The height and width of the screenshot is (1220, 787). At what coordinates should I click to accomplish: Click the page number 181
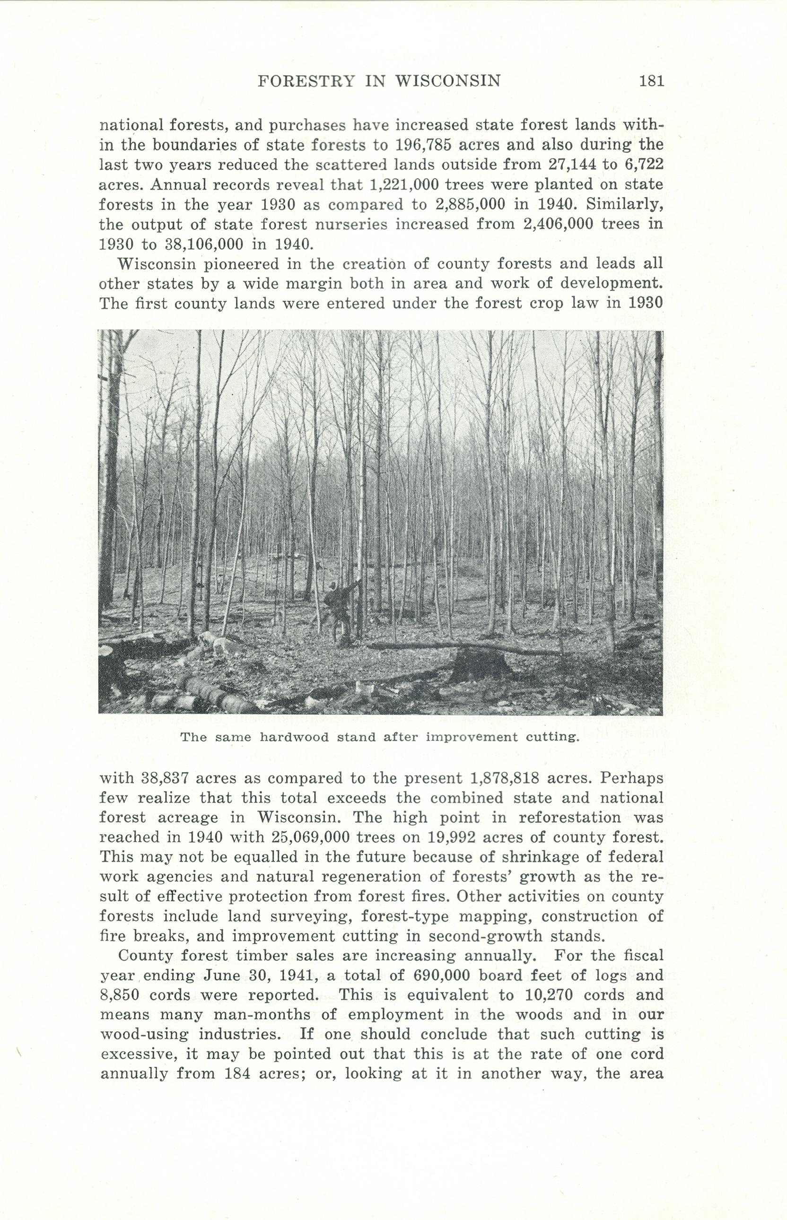[x=651, y=81]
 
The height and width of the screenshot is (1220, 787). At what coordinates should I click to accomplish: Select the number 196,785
[x=423, y=145]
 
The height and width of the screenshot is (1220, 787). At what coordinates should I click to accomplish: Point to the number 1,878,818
[x=504, y=778]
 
